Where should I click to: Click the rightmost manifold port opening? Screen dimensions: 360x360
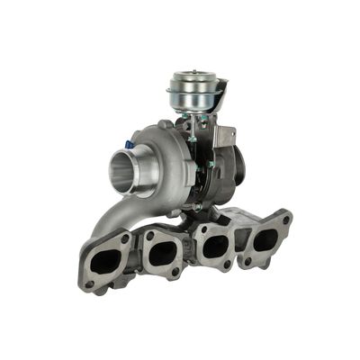[265, 239]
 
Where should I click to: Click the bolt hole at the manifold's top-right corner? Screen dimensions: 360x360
[286, 218]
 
